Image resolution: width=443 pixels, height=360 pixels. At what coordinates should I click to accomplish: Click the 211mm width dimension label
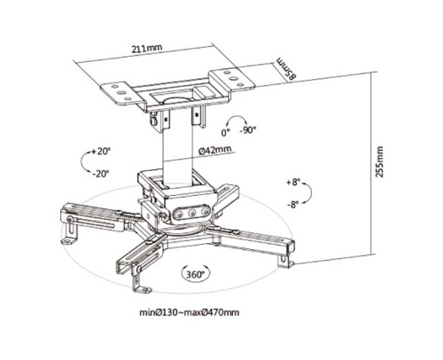[x=147, y=49]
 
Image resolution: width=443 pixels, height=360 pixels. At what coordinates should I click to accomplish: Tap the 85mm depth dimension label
[x=285, y=68]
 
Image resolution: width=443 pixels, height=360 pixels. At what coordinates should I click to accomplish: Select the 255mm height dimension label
[x=379, y=161]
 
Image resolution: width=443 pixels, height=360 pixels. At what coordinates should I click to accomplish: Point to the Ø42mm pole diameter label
[x=214, y=150]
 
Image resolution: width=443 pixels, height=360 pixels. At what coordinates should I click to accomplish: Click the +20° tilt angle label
[x=101, y=151]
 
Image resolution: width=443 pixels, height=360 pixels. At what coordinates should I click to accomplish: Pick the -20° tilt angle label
[x=100, y=174]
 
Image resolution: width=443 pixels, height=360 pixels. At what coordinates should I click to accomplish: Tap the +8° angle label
[x=292, y=182]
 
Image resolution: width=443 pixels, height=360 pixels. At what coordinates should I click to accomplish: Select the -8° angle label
[x=292, y=204]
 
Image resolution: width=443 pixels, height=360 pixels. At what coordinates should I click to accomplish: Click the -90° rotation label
[x=247, y=129]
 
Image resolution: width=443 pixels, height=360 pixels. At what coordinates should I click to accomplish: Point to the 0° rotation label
[x=225, y=133]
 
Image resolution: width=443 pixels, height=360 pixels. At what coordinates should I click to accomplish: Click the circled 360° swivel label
[x=195, y=274]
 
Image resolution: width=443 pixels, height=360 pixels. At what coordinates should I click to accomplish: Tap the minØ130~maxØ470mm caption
[x=190, y=312]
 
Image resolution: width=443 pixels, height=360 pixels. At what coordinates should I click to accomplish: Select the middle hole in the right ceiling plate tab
[x=234, y=79]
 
